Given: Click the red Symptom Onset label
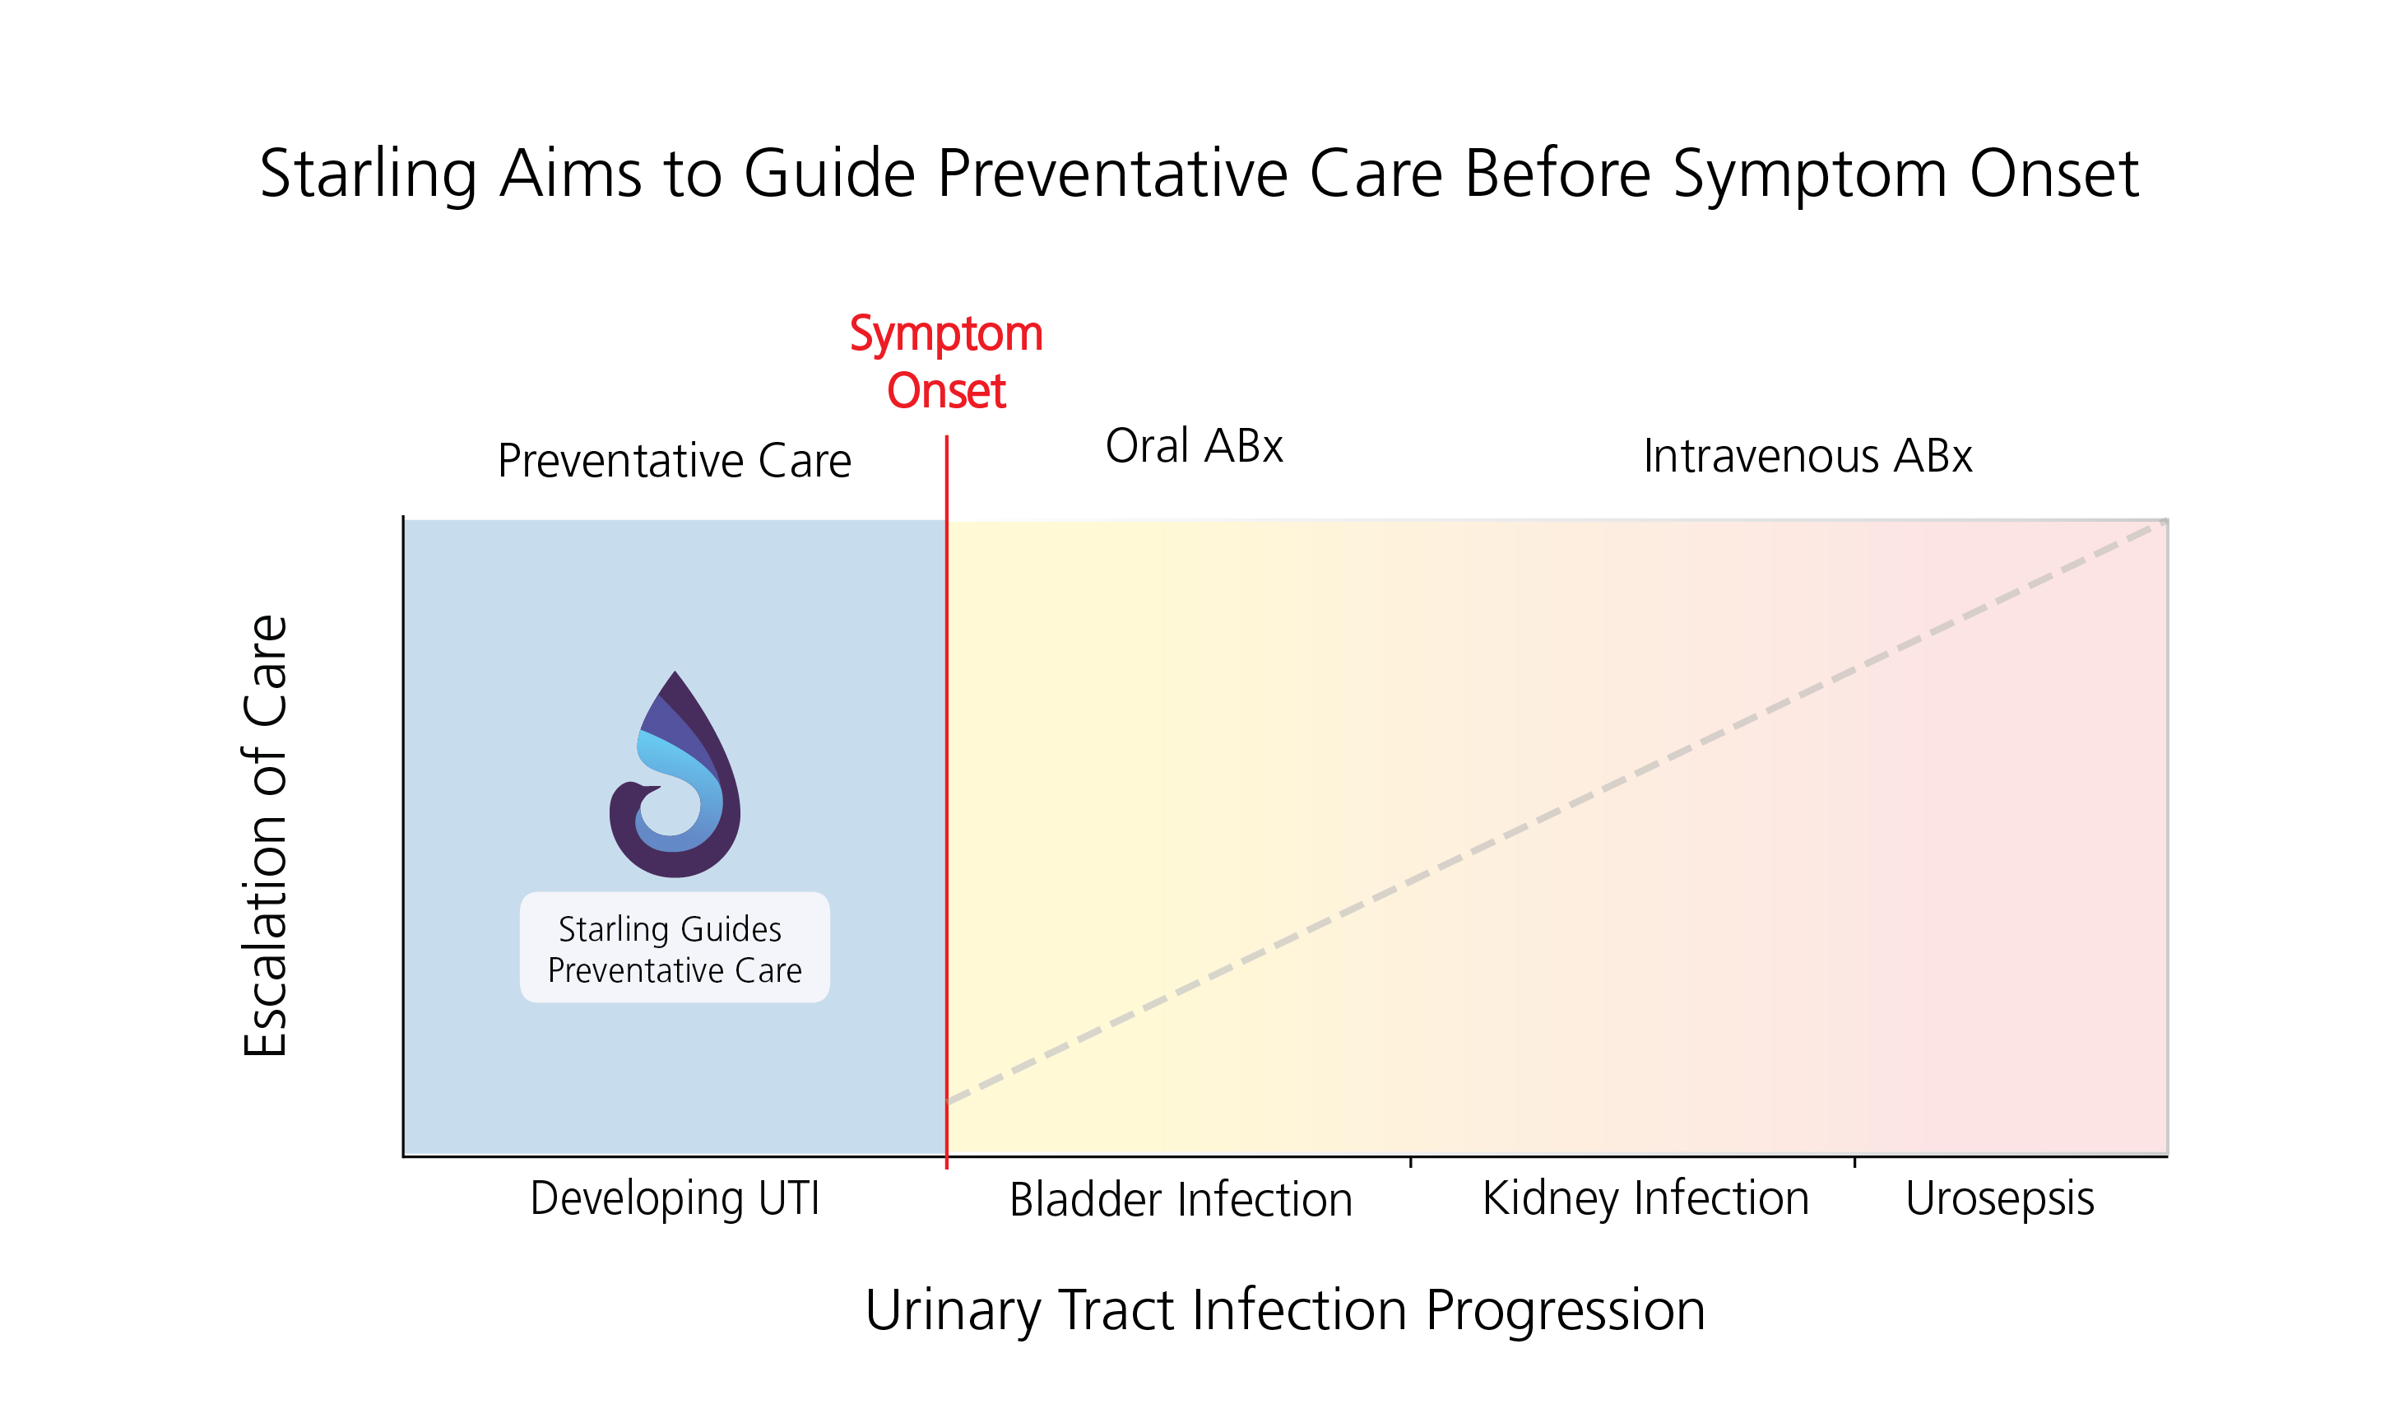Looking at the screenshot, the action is coord(946,362).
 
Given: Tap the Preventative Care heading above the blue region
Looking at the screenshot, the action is coord(674,462).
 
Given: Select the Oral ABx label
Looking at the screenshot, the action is coord(1194,445).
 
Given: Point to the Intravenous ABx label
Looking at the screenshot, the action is coord(1807,456).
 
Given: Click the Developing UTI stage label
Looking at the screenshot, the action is coord(674,1198).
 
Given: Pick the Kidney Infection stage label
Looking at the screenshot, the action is coord(1645,1198).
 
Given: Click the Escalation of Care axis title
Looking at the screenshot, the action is coord(266,835).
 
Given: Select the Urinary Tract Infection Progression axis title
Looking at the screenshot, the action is coord(1284,1311).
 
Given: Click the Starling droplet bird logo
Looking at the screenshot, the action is coord(674,773).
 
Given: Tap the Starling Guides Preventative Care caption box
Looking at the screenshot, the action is coord(674,947).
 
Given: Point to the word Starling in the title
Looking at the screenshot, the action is coord(368,175).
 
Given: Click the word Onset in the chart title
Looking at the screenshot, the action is coord(2053,174).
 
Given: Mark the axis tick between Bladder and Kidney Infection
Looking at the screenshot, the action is coord(1410,1162).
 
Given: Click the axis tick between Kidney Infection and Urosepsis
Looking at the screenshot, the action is coord(1854,1162).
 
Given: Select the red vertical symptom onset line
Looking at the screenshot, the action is coord(946,802).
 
